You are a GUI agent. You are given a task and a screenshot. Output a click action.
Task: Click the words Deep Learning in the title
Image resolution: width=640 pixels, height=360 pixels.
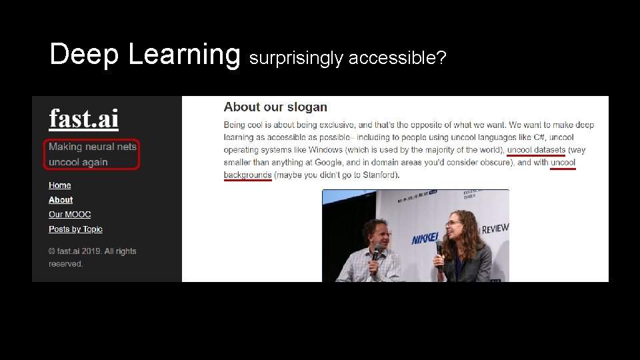[144, 55]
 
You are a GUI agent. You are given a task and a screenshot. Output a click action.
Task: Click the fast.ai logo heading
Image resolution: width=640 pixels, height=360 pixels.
[83, 119]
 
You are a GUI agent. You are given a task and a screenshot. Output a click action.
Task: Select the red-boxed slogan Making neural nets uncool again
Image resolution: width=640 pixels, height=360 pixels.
[93, 154]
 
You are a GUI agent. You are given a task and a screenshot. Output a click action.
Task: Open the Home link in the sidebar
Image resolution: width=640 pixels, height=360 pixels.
[59, 185]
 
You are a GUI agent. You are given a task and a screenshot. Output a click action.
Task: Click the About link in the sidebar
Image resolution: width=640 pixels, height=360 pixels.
[61, 200]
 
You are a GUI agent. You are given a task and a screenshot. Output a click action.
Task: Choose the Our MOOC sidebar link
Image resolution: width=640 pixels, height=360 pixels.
[69, 215]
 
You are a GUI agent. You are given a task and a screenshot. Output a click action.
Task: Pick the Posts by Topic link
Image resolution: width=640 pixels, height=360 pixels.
[75, 229]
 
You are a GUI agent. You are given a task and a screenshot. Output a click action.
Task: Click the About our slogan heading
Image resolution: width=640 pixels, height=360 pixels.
[275, 107]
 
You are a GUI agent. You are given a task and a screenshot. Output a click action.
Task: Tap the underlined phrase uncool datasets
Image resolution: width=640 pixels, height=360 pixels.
[536, 150]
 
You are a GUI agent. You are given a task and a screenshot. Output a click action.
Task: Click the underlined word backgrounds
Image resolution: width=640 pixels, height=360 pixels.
[247, 175]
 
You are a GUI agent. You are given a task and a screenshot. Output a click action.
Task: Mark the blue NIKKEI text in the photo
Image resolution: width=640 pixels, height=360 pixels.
[425, 238]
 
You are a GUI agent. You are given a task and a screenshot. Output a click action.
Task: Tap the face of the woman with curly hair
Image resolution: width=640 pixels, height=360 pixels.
[462, 228]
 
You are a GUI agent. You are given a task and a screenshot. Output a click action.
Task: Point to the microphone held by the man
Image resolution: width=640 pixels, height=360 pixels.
[376, 253]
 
